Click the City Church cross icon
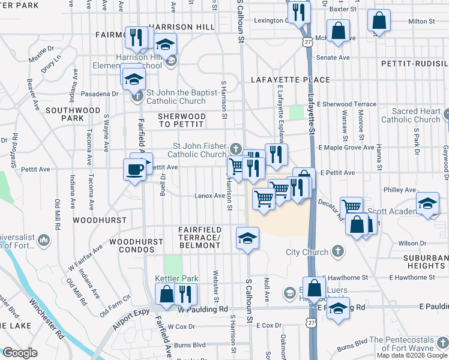[x=338, y=251]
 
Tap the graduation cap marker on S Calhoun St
[x=247, y=238]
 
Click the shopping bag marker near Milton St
[x=379, y=21]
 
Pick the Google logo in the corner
[x=19, y=353]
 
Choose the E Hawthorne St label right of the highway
[x=411, y=277]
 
